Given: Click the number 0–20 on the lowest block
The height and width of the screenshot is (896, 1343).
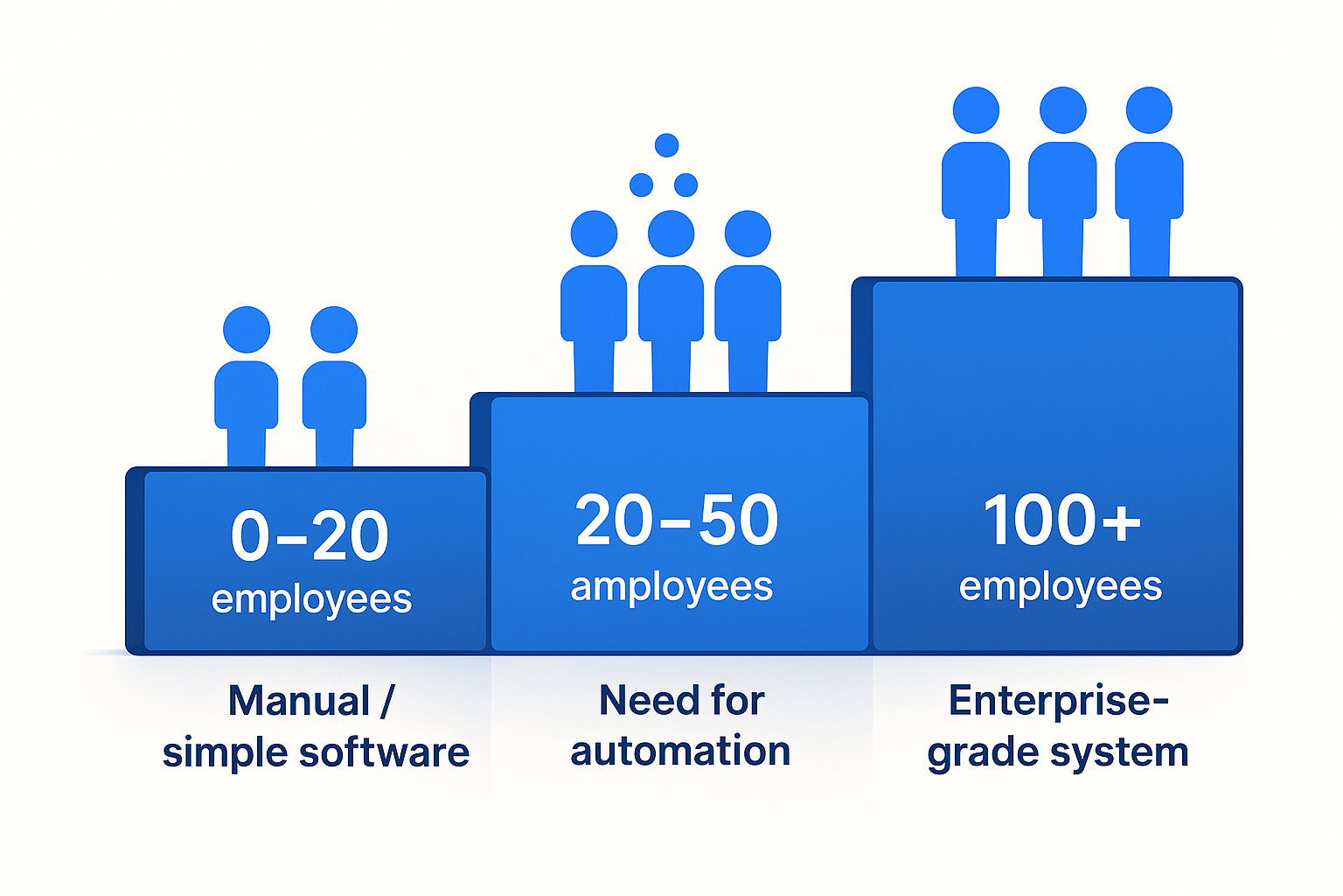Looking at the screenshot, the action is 310,535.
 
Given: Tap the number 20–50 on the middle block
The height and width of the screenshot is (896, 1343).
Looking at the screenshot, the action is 677,521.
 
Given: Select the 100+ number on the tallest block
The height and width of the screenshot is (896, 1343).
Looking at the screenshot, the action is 1061,521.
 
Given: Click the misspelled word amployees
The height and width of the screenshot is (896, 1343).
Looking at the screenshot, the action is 671,587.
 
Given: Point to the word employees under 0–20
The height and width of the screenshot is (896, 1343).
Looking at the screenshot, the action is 311,600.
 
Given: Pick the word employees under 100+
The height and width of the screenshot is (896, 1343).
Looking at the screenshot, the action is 1061,587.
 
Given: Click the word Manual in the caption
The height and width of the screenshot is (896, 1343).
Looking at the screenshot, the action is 299,701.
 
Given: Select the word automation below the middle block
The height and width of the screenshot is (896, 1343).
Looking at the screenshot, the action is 680,752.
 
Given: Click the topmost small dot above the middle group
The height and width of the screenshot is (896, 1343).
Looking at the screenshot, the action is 667,145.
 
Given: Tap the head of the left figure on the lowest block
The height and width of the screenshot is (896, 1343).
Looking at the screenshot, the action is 247,330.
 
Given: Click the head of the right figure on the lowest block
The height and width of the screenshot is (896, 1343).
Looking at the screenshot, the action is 334,330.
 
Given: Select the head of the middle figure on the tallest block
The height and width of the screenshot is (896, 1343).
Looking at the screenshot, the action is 1062,111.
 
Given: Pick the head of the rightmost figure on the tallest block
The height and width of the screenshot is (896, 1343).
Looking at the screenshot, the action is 1149,111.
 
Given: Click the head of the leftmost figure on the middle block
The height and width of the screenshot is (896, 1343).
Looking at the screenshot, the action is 594,234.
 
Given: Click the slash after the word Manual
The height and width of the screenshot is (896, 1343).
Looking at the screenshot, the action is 387,701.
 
